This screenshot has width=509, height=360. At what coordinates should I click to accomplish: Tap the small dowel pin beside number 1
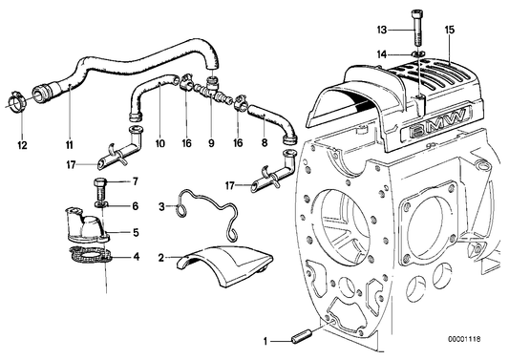coord(302,337)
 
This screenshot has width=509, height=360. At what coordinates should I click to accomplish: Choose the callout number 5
coord(134,230)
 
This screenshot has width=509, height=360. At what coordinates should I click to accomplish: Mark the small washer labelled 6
coord(100,204)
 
